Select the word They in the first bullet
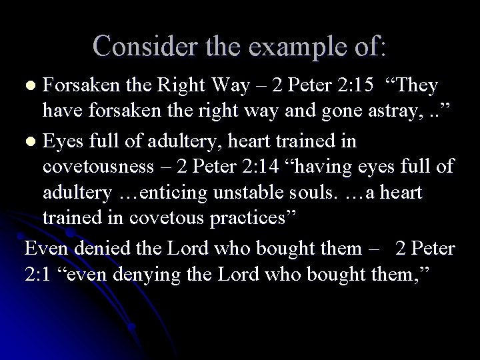click(x=414, y=86)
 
